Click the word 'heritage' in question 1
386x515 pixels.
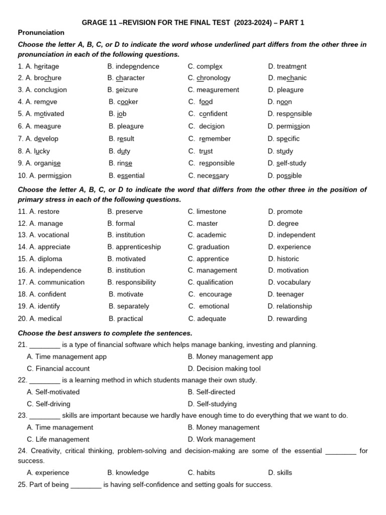tap(46, 66)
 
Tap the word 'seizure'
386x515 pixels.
tap(127, 90)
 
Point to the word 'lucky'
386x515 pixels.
tap(42, 151)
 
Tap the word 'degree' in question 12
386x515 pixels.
tap(287, 223)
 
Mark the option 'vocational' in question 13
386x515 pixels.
tap(53, 235)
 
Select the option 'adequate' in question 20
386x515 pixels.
tap(211, 318)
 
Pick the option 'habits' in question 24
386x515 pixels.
tap(202, 473)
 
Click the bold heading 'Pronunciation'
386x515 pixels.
tap(41, 33)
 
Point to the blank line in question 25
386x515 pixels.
tap(86, 485)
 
